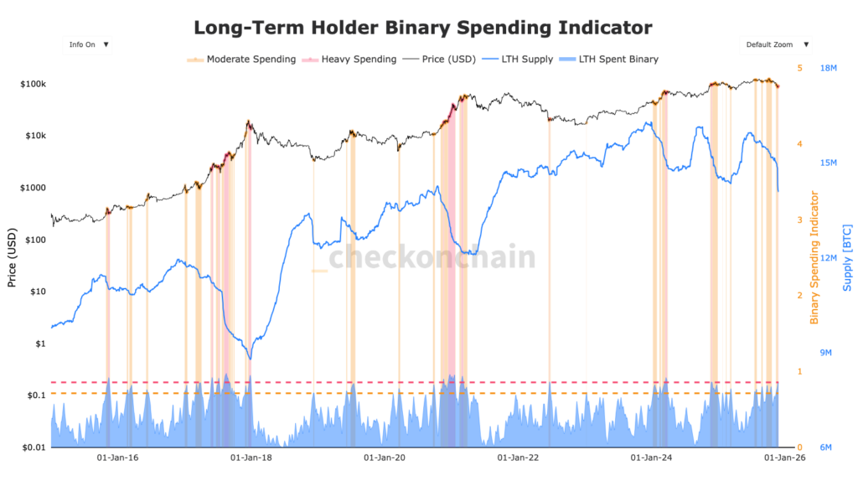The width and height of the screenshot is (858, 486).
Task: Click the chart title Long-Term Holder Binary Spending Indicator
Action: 422,28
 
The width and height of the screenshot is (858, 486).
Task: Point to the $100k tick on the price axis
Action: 33,85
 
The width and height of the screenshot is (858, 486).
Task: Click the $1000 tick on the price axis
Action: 32,188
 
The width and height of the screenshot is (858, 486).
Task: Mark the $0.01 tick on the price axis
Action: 32,447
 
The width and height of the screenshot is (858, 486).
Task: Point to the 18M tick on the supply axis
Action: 830,68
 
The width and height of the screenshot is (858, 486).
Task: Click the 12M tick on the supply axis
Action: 830,258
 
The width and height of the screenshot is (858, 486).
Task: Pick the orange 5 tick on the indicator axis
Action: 799,68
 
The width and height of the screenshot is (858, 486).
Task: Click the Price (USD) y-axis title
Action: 12,257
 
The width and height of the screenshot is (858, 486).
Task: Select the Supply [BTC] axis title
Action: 846,257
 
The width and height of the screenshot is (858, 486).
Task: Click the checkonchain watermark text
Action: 431,257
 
